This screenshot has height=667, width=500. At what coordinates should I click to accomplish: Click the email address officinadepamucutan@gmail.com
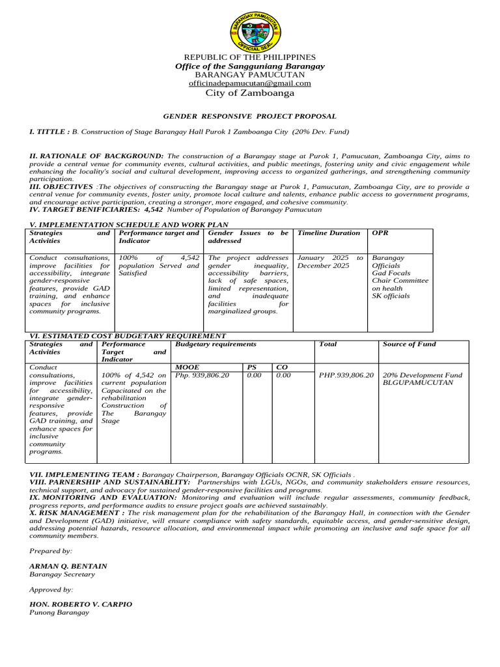point(250,83)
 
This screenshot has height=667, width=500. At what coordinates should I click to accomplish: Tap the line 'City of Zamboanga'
point(250,93)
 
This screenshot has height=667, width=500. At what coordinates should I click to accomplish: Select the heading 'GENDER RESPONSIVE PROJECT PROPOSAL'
point(250,116)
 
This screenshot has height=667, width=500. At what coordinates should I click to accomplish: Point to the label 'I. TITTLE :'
point(49,132)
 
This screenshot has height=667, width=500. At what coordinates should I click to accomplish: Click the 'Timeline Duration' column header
point(329,233)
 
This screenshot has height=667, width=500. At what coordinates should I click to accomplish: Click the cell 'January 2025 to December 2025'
point(330,262)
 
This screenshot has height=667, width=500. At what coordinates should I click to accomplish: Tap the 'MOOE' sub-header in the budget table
point(187,367)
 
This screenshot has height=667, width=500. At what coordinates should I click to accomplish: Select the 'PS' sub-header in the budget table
point(252,367)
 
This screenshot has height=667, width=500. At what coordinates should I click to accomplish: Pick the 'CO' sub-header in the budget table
point(281,367)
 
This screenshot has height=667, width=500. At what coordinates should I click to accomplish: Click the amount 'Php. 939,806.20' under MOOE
point(202,375)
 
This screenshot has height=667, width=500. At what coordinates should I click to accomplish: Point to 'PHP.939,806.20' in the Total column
point(346,375)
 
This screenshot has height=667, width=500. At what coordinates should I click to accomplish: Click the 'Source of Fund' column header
point(410,344)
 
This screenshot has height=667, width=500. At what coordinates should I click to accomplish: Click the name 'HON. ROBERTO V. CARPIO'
point(81,604)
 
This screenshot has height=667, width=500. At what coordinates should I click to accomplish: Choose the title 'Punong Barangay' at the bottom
point(59,612)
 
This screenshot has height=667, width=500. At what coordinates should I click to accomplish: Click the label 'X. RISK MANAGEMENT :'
point(77,513)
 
